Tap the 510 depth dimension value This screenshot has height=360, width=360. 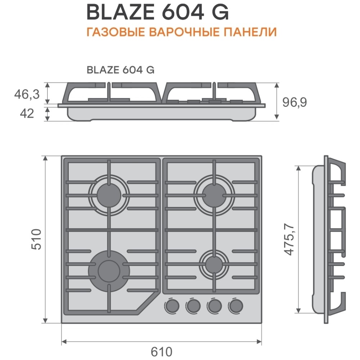coord(36,239)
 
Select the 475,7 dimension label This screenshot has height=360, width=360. coord(289,239)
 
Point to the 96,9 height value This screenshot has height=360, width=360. coord(294,102)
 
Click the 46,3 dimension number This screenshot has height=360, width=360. coord(27,94)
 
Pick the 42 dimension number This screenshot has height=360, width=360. coord(27,113)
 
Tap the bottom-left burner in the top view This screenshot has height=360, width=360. coord(109,270)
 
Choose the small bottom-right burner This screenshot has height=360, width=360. coord(214,264)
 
